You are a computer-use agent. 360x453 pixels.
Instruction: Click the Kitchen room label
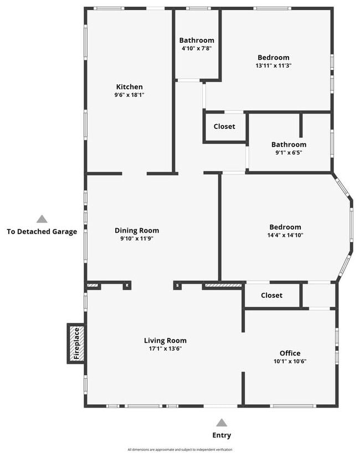coord(129,87)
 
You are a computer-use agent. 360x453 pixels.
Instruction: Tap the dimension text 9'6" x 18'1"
coord(129,95)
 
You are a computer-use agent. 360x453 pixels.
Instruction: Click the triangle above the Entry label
coord(222,422)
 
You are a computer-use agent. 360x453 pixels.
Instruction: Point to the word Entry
coord(222,435)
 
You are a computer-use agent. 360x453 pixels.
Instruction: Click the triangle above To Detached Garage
coord(42,219)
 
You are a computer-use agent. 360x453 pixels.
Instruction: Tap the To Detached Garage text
coord(42,232)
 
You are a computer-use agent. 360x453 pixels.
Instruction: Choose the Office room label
coord(290,353)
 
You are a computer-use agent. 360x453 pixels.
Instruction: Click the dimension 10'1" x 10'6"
coord(290,362)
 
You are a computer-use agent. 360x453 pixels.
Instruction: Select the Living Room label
coord(165,341)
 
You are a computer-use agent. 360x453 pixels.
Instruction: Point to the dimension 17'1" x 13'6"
coord(165,349)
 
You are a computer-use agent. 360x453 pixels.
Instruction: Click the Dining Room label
coord(137,230)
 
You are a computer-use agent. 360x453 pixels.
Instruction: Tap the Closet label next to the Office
coord(271,295)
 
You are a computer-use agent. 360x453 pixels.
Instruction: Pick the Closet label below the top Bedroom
coord(224,126)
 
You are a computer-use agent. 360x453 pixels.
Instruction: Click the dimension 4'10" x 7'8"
coord(196,49)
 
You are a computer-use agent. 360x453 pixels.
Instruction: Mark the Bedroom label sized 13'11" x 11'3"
coord(273,57)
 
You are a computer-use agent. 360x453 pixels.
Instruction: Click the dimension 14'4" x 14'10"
coord(285,235)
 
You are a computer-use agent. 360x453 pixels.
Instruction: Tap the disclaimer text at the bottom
coord(180,450)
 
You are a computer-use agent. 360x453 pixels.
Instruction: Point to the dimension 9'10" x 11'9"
coord(137,239)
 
